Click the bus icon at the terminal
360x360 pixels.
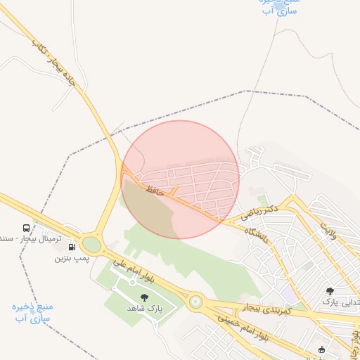[x=26, y=229]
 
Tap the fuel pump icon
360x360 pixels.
[x=72, y=247]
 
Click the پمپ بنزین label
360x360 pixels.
[x=72, y=258]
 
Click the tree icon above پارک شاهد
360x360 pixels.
[x=145, y=297]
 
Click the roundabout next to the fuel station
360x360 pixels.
[x=91, y=245]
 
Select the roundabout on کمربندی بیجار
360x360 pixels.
[x=195, y=302]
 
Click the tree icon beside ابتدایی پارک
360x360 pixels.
[x=330, y=290]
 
